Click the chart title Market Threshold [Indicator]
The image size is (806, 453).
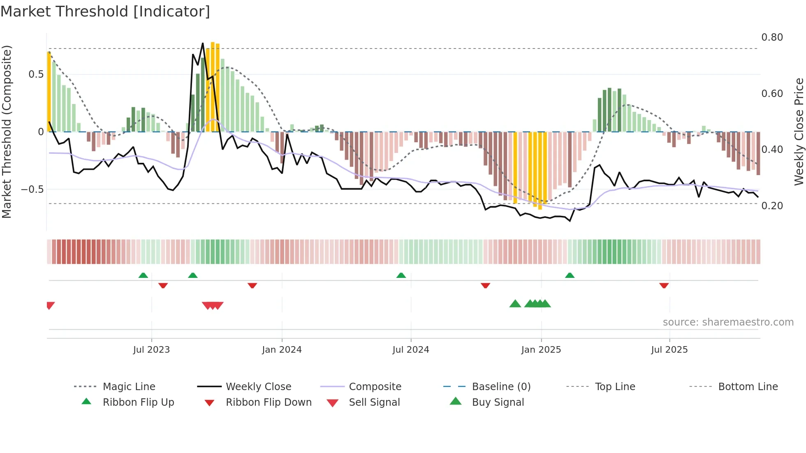105,12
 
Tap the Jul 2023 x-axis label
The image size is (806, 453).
151,350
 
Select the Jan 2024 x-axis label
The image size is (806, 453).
282,350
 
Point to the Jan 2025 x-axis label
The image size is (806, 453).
541,350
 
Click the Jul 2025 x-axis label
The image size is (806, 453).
669,350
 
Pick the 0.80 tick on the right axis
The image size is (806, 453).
772,37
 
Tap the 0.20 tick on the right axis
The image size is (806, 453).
772,206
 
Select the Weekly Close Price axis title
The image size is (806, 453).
799,132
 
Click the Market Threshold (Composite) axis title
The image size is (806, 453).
7,132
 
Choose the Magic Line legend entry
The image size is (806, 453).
129,387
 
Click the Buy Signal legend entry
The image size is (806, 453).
498,402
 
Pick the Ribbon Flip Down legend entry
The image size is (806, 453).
269,402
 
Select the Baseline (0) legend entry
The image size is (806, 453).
501,387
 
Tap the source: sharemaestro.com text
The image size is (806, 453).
728,322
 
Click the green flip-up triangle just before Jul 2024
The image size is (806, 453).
401,275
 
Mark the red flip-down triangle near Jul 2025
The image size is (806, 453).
664,285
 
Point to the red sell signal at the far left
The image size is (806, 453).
50,305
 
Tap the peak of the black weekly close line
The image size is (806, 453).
203,44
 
